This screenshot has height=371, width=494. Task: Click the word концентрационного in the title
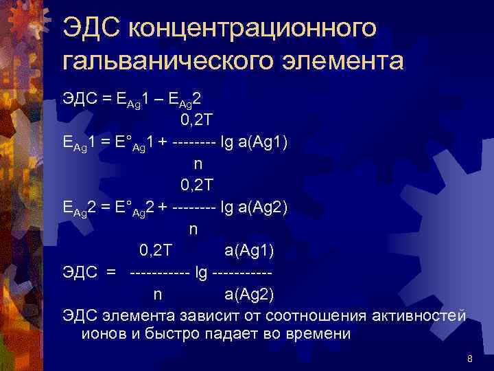pyautogui.click(x=252, y=30)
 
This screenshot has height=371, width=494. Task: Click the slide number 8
pyautogui.click(x=469, y=359)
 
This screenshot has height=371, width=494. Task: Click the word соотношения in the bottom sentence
pyautogui.click(x=323, y=315)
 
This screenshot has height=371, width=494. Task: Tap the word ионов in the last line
pyautogui.click(x=102, y=334)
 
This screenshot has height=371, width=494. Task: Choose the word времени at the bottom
pyautogui.click(x=316, y=334)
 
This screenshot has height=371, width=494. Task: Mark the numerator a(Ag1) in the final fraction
pyautogui.click(x=248, y=250)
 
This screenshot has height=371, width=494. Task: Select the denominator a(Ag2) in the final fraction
pyautogui.click(x=248, y=295)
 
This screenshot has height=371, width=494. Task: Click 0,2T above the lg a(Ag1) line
pyautogui.click(x=198, y=121)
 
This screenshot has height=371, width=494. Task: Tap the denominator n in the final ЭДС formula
pyautogui.click(x=158, y=295)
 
